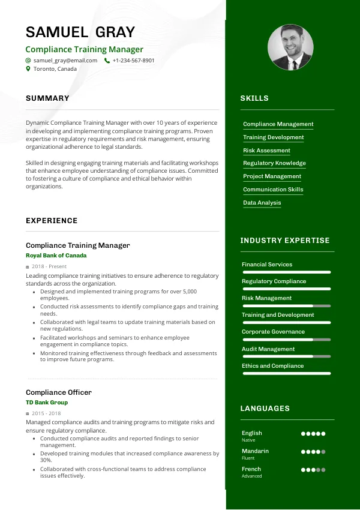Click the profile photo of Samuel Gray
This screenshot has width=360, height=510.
point(290,47)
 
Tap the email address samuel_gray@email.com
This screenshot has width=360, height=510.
point(65,61)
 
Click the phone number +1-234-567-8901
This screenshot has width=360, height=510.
point(133,61)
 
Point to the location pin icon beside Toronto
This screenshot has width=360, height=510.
point(28,69)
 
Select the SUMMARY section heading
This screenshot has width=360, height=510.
point(47,98)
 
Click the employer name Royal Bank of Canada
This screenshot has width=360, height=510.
point(56,256)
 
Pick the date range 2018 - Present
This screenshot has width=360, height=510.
point(49,266)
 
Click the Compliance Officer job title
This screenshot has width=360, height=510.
point(59,392)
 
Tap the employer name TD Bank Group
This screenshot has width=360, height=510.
point(47,403)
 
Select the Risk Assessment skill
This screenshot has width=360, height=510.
point(266,151)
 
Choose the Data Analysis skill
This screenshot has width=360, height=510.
point(262,203)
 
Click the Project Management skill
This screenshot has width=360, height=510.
point(272,176)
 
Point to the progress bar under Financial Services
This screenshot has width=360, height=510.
point(286,272)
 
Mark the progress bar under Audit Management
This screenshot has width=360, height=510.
point(286,357)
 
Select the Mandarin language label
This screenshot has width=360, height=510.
point(255,451)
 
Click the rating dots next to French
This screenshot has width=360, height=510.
point(313,470)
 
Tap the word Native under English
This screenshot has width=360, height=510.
point(248,440)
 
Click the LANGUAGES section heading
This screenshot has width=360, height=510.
point(265,409)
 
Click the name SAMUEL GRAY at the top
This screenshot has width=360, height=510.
point(80,32)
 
